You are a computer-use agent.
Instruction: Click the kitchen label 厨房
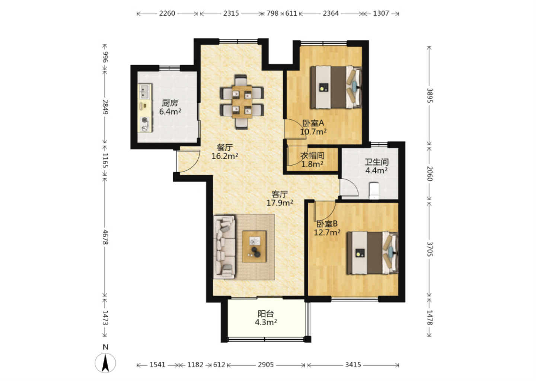[170, 103]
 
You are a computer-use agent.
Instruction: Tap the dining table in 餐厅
[242, 102]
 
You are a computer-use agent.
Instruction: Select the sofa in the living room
[224, 247]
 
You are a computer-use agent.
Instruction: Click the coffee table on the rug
[254, 246]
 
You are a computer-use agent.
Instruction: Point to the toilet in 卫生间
[374, 190]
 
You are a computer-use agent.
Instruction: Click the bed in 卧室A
[336, 87]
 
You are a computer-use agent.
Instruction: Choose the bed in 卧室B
[372, 253]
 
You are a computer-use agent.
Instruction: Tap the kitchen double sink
[145, 92]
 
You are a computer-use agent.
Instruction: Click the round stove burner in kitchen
[144, 120]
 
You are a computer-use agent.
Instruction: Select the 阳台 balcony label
[266, 314]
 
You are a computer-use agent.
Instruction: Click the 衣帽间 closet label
[312, 156]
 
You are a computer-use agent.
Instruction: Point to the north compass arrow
[105, 363]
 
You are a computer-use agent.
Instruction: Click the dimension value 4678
[105, 237]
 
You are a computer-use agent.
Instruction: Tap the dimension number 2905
[266, 365]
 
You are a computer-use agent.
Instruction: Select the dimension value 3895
[430, 95]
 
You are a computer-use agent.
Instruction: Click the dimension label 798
[272, 13]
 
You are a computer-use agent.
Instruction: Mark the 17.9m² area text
[280, 203]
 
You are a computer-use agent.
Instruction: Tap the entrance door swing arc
[191, 163]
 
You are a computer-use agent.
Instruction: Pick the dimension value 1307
[381, 13]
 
